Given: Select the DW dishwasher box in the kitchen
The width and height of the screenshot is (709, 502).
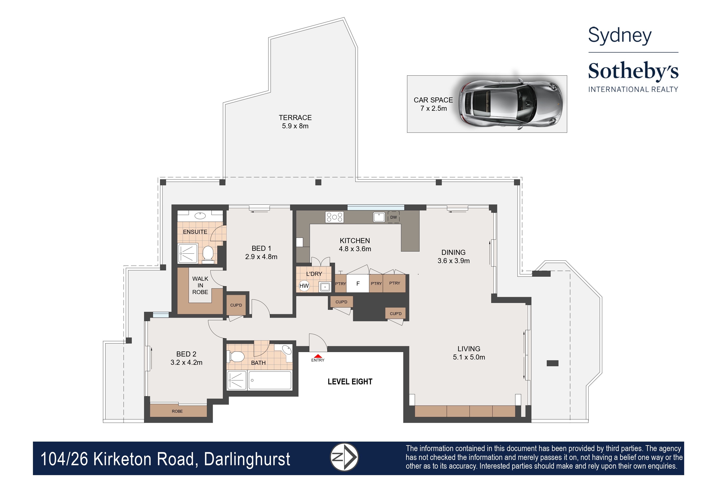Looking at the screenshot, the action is pyautogui.click(x=393, y=217).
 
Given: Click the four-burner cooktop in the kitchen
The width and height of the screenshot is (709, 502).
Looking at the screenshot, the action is pyautogui.click(x=334, y=217).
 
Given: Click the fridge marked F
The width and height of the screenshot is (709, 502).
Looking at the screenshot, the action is pyautogui.click(x=358, y=283).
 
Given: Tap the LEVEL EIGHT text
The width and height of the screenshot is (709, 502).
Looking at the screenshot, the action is pyautogui.click(x=350, y=382).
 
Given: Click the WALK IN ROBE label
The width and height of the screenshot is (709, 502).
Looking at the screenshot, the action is pyautogui.click(x=200, y=285).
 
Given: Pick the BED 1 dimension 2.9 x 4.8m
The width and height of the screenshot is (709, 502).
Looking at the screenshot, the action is pyautogui.click(x=261, y=257).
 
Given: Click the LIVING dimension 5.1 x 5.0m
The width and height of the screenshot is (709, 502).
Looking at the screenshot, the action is pyautogui.click(x=469, y=357).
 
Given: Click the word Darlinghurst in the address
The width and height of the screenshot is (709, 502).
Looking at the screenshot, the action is pyautogui.click(x=247, y=459).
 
